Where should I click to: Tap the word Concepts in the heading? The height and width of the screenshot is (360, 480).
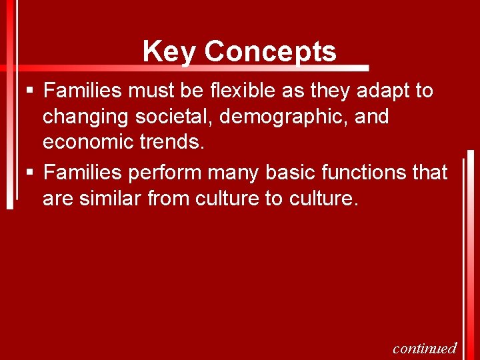tap(270, 51)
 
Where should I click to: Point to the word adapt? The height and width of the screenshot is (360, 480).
tap(379, 91)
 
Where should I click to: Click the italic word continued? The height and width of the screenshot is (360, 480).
tap(425, 348)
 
